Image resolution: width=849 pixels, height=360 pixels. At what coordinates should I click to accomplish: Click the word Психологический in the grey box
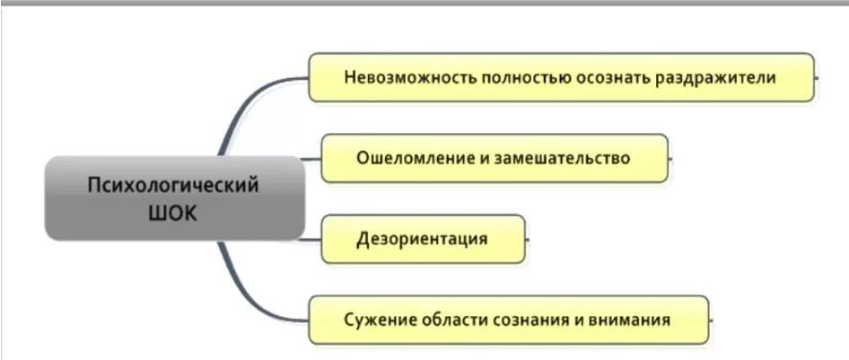(x=173, y=185)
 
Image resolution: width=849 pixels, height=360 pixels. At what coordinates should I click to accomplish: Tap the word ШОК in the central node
(x=173, y=214)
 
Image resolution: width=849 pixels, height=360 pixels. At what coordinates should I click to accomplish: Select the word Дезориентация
(x=422, y=239)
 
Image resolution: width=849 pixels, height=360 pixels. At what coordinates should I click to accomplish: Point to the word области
(x=451, y=320)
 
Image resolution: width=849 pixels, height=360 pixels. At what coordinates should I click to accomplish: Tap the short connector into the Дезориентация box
(x=311, y=240)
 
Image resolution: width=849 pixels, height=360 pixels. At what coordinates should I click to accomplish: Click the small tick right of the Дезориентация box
(x=529, y=240)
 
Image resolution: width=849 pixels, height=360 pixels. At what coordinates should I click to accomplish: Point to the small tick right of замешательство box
(x=672, y=159)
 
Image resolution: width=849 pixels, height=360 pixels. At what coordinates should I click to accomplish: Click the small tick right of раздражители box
(x=818, y=77)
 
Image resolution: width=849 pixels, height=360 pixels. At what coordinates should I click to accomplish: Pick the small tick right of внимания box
(x=712, y=320)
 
